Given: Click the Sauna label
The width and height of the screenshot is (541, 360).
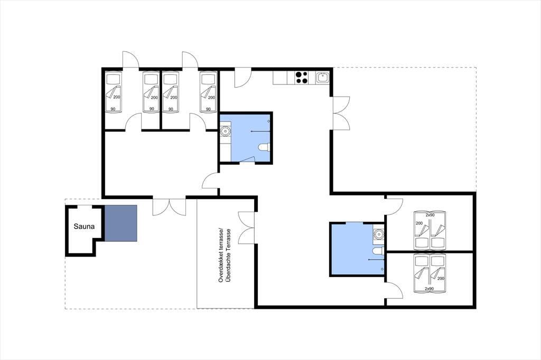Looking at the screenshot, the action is (x=84, y=226).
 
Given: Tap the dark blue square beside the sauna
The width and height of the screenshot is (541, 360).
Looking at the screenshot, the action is (x=121, y=223).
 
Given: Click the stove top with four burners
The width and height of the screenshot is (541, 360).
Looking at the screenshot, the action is (x=302, y=78).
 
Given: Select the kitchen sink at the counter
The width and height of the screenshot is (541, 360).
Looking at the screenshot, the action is (x=323, y=78).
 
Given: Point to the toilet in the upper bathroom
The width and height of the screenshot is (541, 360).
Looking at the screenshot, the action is (x=264, y=147).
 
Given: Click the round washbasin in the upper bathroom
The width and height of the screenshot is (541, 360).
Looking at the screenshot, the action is (x=225, y=131).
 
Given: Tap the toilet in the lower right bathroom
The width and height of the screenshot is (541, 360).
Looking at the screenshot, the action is (x=379, y=251).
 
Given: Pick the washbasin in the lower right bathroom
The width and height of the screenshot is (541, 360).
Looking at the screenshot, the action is (x=379, y=234).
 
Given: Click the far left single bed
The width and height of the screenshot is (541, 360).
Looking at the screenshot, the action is (x=114, y=92).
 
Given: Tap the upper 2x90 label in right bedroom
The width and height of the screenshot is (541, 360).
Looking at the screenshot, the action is (x=430, y=215).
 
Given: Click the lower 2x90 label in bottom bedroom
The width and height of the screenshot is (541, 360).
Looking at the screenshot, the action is (x=429, y=289).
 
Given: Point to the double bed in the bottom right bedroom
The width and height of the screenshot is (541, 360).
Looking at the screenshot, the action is (x=430, y=273).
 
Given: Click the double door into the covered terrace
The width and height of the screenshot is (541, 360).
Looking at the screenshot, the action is (x=246, y=228).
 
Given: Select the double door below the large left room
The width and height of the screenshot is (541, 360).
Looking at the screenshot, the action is (x=169, y=207).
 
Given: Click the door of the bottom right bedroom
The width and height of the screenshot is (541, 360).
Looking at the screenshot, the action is (x=394, y=290).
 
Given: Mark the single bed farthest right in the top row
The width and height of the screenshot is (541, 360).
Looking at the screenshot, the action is (x=208, y=92).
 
